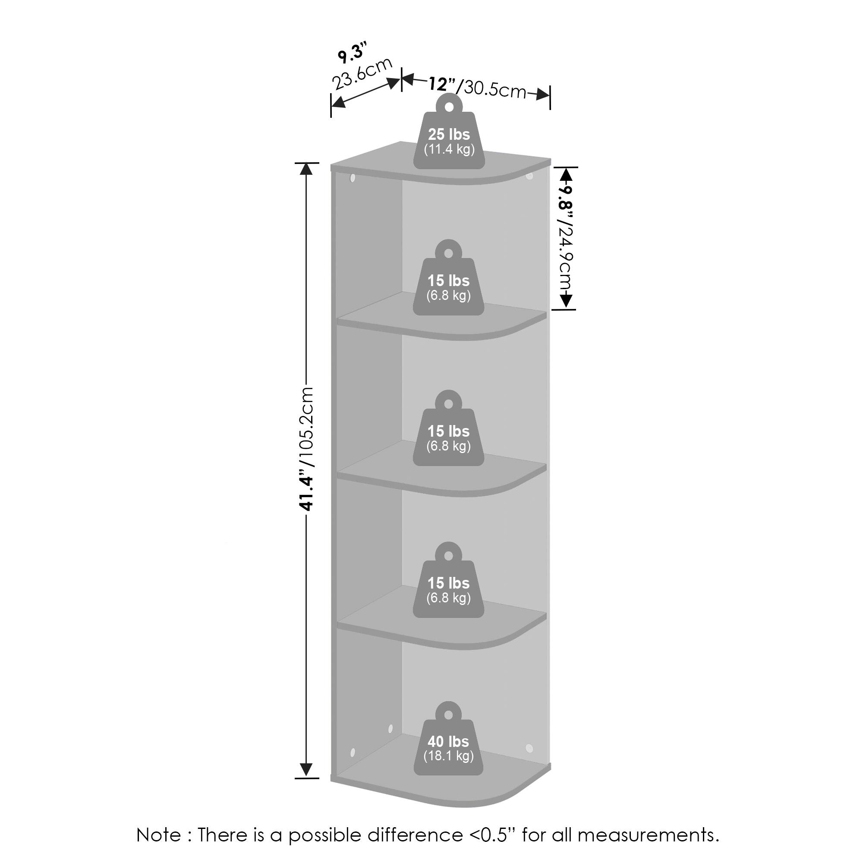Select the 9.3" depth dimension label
(x=353, y=52)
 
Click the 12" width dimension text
(x=442, y=84)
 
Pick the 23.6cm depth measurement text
(x=362, y=74)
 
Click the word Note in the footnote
(x=158, y=835)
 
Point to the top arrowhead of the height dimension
(x=306, y=169)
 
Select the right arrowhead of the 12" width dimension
(x=543, y=94)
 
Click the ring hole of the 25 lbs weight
(x=449, y=106)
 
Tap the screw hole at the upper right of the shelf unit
(x=530, y=176)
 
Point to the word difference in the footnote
(x=415, y=835)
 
